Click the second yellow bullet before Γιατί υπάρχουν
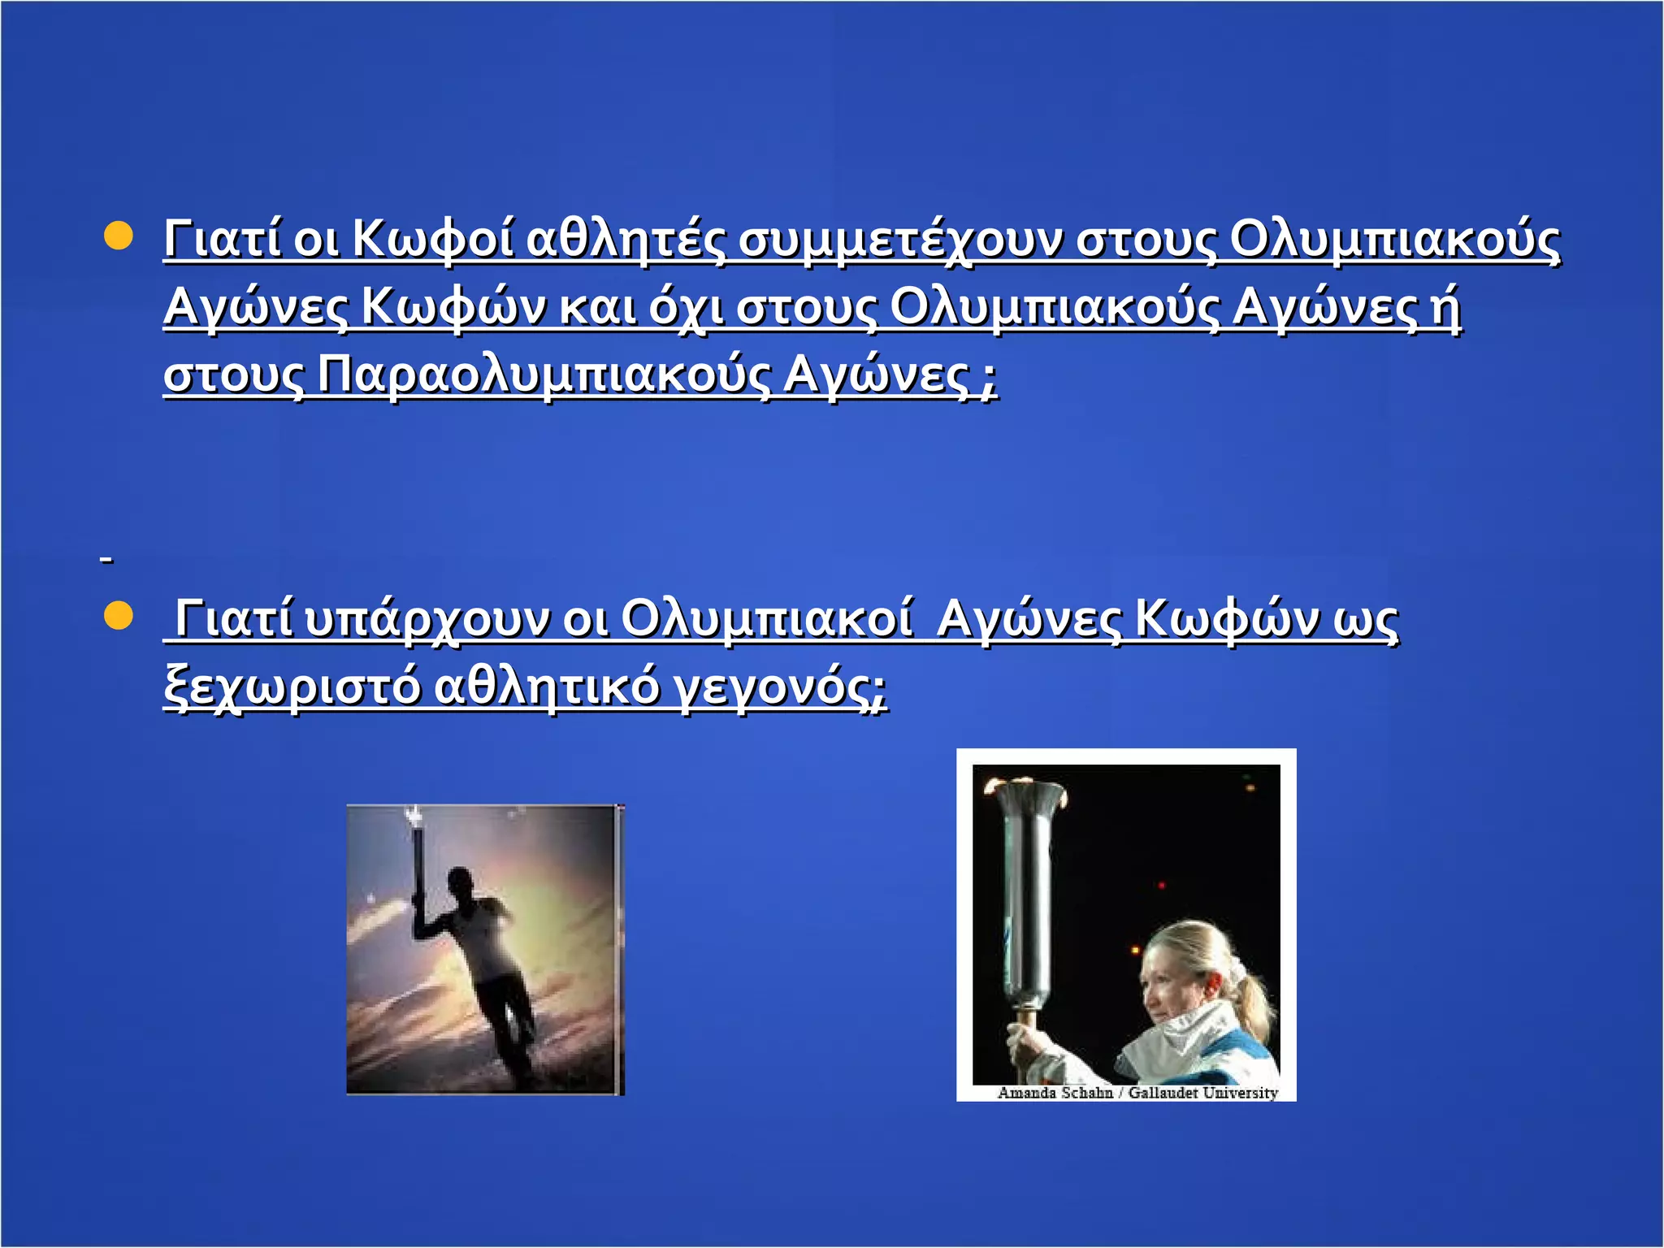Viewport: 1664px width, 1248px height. (119, 616)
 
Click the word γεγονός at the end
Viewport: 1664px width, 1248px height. (781, 687)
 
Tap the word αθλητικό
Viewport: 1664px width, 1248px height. (547, 687)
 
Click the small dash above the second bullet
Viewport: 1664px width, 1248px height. (106, 559)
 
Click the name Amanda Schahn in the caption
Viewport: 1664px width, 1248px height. (1055, 1093)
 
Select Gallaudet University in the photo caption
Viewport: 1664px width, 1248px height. (1202, 1093)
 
